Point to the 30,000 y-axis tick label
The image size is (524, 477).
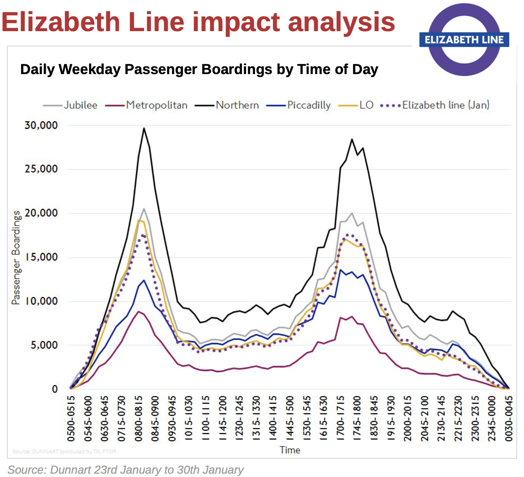[41, 125]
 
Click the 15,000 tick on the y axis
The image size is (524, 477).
[41, 257]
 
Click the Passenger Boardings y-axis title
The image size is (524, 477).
[16, 258]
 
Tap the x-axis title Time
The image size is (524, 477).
[290, 450]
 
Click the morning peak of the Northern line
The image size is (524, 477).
[144, 128]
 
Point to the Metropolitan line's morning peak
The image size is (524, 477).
[139, 311]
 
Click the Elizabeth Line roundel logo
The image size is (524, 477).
[464, 40]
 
